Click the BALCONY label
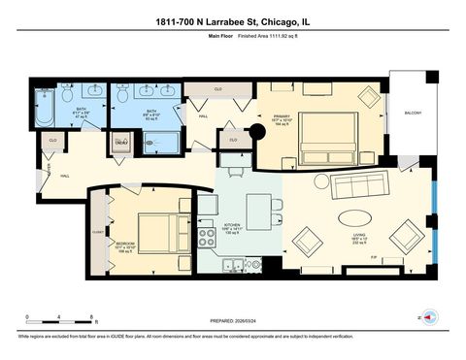(x=412, y=114)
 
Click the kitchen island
(x=257, y=207)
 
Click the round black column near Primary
(x=258, y=134)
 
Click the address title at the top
(x=233, y=21)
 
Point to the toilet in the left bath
(x=67, y=96)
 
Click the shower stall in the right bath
(x=165, y=144)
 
